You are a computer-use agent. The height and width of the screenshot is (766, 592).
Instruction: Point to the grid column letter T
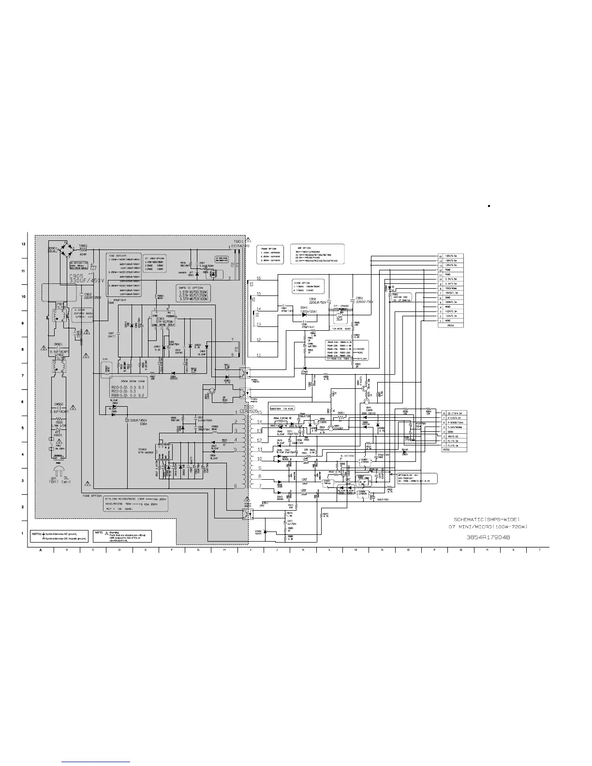[539, 550]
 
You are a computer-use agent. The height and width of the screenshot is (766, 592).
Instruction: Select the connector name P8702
[447, 449]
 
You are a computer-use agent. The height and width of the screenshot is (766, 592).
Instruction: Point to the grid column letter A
[41, 550]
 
